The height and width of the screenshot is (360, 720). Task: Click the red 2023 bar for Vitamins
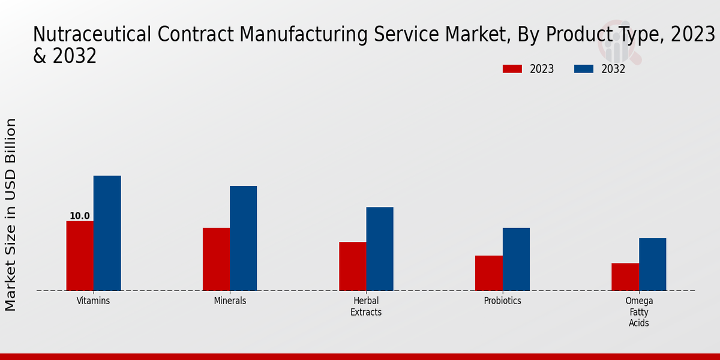coord(80,256)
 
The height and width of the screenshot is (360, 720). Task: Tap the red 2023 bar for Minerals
coord(216,259)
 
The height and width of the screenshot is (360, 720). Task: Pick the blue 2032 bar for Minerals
coord(243,238)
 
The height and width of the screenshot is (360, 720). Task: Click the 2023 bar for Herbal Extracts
coord(352,266)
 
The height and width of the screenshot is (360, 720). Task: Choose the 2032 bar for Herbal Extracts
coord(380,249)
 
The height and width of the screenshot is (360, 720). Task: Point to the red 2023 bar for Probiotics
coord(488,273)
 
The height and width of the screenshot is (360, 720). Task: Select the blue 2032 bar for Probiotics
coord(516,259)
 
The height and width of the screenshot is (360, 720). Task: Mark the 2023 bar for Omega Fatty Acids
coord(625,277)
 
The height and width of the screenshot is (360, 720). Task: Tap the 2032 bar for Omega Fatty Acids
coord(652,265)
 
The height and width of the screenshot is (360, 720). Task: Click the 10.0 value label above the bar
coord(80,216)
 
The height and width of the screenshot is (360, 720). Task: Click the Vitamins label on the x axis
coord(93,301)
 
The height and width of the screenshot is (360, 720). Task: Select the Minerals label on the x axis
coord(230,301)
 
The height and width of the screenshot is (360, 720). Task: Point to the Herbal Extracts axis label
coord(366,307)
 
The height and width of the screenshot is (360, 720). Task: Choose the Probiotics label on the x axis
coord(502,301)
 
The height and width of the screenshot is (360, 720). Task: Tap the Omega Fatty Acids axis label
coord(639,312)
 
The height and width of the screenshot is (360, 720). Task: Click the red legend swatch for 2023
coord(512,69)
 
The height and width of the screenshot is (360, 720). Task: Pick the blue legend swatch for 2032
coord(584,69)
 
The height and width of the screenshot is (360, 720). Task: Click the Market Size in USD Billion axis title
coord(11,214)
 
